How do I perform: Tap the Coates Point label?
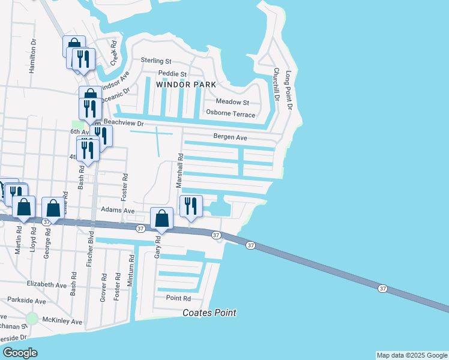point(209,313)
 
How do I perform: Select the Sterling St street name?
point(156,61)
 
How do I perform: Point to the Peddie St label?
point(173,73)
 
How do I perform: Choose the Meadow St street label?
point(232,103)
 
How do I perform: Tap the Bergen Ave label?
point(231,137)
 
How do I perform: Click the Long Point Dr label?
point(288,90)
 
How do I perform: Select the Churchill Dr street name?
point(276,83)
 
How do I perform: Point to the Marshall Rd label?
point(179,170)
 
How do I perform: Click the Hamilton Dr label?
point(33,58)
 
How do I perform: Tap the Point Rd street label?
point(178,298)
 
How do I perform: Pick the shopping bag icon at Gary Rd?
point(161,219)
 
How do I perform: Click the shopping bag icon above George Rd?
point(53,209)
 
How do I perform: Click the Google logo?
point(20,352)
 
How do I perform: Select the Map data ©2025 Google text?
point(411,355)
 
